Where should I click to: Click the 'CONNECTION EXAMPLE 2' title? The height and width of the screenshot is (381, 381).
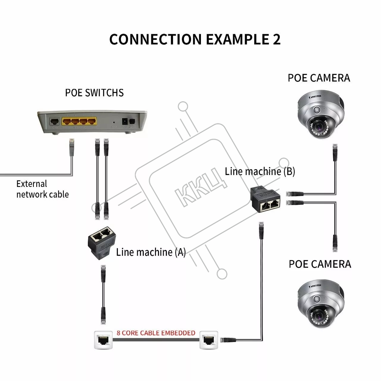(195, 39)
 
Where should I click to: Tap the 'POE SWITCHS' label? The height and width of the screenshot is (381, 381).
(94, 93)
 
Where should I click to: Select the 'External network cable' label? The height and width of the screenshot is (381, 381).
(42, 189)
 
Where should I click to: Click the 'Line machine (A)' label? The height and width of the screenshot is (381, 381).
(151, 252)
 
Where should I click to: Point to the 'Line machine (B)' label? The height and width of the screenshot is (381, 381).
(260, 171)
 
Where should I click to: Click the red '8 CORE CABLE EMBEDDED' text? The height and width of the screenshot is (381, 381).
(156, 333)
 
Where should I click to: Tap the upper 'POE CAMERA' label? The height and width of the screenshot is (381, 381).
(318, 78)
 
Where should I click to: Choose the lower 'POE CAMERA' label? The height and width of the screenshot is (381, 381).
(320, 264)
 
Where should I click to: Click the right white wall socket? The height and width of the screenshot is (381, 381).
(209, 340)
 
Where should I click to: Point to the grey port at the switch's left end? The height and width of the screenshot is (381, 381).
(54, 121)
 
